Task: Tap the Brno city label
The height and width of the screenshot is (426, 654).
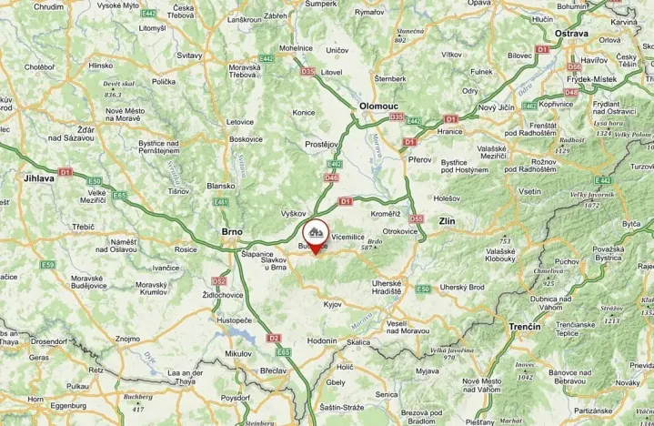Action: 232,232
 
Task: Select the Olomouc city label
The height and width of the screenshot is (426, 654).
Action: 379,106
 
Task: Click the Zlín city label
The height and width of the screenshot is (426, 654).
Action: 445,221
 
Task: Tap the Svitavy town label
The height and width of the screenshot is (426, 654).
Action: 188,56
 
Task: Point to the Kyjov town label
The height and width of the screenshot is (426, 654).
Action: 331,304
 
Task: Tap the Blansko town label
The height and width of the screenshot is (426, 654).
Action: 221,186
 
